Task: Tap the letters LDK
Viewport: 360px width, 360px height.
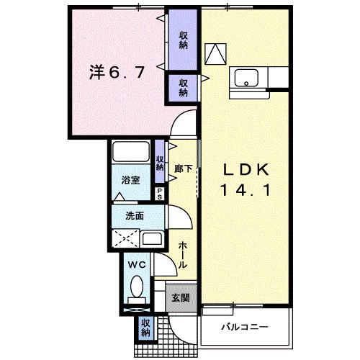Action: click(x=246, y=171)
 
